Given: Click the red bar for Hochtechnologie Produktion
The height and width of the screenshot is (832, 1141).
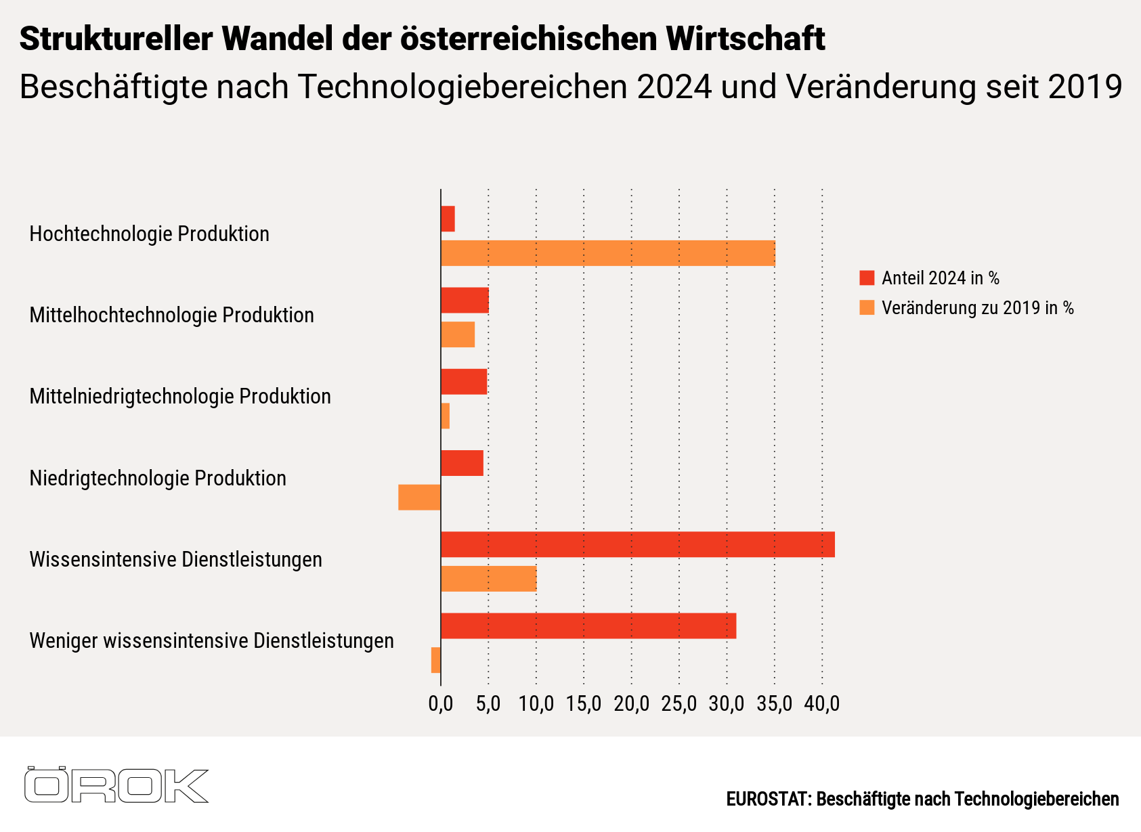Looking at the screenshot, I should coord(448,219).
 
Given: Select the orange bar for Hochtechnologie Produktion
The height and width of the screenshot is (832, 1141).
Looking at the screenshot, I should coord(607,253).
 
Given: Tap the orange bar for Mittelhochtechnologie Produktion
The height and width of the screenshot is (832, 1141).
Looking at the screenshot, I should coord(458,334).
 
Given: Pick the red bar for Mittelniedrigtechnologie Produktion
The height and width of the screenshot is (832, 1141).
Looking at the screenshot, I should coord(464,382).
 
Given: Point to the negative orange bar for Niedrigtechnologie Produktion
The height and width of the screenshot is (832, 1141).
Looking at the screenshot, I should coord(419,497).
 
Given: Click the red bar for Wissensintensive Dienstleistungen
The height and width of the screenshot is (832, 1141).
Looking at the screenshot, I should coord(637,544).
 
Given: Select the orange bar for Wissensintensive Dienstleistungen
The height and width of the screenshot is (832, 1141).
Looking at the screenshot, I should coord(488,578).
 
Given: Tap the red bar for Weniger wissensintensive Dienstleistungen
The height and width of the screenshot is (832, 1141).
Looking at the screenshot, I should coord(588,626).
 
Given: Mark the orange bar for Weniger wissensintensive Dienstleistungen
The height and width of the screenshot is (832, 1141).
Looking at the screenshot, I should coord(435,659).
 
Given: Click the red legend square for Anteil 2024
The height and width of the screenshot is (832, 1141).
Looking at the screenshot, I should coord(867,278).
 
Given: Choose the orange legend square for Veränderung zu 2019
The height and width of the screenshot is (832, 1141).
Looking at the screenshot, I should coord(867,308).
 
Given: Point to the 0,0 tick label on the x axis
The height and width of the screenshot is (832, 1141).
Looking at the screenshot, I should coord(441,703).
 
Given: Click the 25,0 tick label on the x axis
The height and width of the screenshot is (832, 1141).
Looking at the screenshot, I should coord(679,703).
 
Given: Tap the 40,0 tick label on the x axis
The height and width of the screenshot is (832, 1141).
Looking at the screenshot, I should coord(822,703).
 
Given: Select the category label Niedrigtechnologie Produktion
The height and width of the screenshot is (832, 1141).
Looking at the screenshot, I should coord(158,478).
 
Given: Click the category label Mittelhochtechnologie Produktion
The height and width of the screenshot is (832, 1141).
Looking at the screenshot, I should coord(171,315).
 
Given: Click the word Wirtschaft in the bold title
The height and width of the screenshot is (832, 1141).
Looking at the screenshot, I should coord(746,39).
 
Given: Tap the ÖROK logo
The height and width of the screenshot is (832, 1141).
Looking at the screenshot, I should coord(116,785).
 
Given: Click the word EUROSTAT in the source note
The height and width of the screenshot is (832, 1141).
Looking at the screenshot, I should coord(768,800).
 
